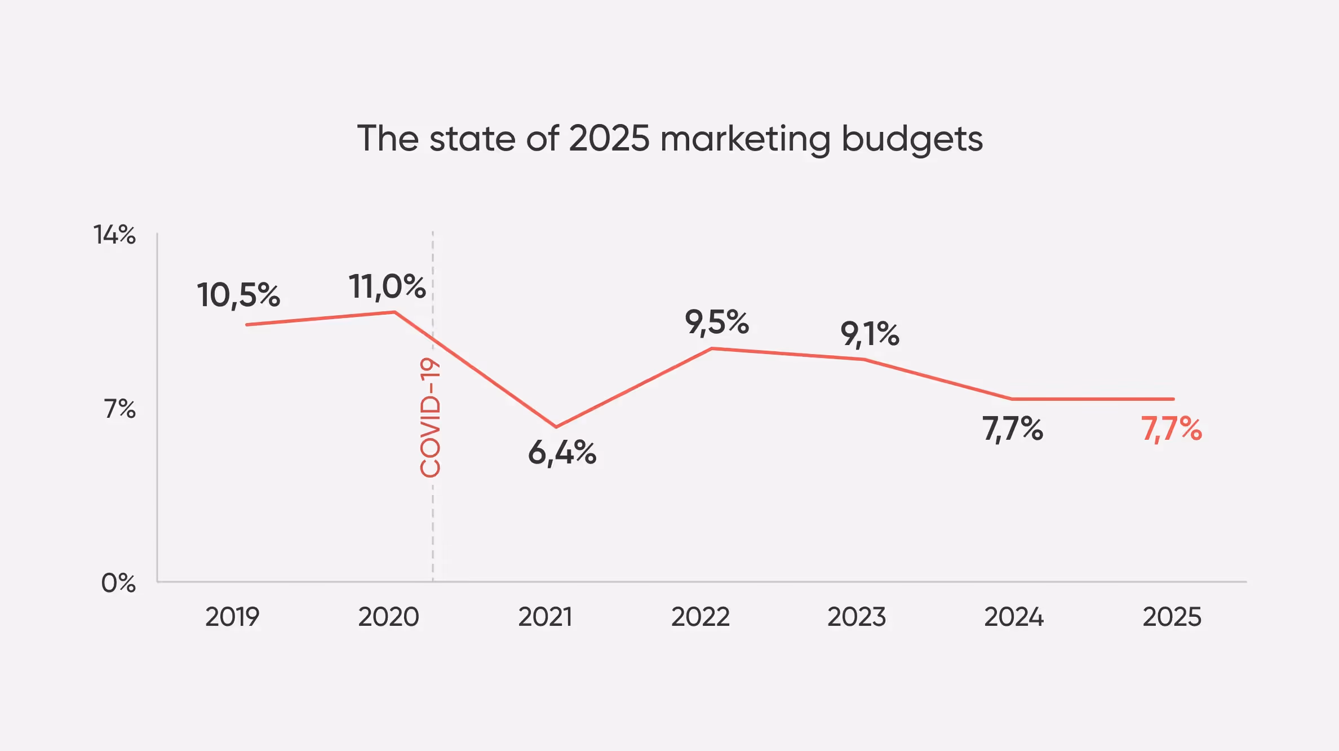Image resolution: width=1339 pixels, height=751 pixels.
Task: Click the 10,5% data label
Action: [x=238, y=295]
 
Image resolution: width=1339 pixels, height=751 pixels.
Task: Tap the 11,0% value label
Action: [x=387, y=286]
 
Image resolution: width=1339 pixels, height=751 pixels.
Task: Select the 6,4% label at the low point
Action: [x=562, y=453]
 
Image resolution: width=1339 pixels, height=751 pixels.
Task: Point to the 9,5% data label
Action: [x=717, y=323]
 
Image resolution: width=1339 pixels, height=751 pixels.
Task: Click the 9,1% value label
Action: [x=870, y=334]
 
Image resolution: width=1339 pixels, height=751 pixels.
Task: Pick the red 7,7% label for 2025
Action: [x=1172, y=428]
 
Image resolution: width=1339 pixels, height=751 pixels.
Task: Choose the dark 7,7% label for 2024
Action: [x=1013, y=428]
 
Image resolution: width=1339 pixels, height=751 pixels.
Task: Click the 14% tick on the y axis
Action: [x=114, y=235]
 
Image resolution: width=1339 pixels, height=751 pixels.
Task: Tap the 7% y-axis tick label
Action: [x=120, y=409]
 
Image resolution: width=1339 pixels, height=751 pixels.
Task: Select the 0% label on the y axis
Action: [x=118, y=583]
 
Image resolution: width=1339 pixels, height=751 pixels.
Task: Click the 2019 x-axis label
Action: [x=232, y=617]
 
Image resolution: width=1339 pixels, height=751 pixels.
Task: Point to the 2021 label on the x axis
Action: [x=545, y=617]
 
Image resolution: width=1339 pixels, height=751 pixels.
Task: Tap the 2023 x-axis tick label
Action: [x=857, y=617]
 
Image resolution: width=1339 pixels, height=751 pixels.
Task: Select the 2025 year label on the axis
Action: [x=1172, y=617]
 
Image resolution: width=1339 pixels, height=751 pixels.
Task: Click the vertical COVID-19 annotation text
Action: [x=431, y=418]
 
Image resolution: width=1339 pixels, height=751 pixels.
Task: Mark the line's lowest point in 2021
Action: [x=556, y=427]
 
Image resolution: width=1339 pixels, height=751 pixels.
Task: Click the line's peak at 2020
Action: [x=394, y=312]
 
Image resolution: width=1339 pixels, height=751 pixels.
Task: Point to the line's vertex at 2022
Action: [x=712, y=348]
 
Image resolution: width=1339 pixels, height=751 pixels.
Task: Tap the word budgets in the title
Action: [x=912, y=139]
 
